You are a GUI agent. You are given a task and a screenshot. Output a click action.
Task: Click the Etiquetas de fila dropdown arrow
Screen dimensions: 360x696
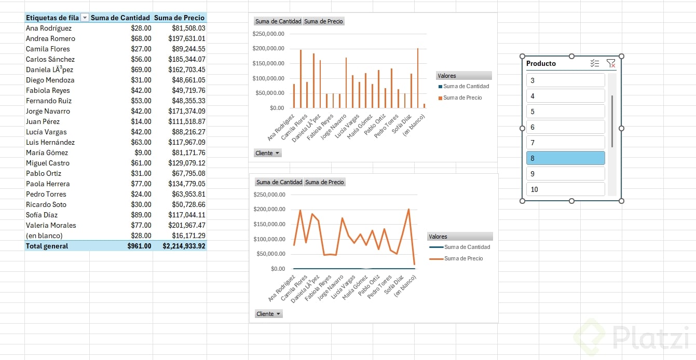pos(85,18)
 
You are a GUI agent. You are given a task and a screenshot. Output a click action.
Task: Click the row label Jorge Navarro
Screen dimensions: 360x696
pos(48,111)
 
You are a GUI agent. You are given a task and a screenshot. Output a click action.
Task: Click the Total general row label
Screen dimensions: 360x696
pos(47,246)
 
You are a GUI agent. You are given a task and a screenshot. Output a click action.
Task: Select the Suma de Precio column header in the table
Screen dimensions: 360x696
pos(179,18)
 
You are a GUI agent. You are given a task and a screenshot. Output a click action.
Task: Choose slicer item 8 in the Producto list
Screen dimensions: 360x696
pos(565,158)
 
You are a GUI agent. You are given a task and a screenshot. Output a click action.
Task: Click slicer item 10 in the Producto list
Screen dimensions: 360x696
pos(565,189)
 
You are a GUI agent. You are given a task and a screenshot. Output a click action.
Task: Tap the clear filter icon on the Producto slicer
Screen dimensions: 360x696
pos(611,63)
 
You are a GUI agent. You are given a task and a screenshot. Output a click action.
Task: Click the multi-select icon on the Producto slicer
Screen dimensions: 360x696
pos(595,63)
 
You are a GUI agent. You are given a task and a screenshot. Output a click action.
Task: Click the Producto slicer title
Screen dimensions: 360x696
pos(541,63)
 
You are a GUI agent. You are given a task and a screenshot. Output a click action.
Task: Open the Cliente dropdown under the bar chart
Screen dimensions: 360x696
pos(268,153)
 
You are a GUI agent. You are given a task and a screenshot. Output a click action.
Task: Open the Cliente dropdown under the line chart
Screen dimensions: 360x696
pos(268,314)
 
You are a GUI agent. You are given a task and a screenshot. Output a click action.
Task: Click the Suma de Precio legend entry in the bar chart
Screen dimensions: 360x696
pos(462,98)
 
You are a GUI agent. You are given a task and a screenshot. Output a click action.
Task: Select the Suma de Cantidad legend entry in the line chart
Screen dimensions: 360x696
pos(466,247)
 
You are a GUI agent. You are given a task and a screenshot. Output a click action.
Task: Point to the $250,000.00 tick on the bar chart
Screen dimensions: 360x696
pos(268,34)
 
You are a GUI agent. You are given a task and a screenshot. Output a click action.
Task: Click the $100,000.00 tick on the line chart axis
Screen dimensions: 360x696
pos(269,239)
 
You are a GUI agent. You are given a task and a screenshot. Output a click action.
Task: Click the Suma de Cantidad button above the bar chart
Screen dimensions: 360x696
pos(278,21)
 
